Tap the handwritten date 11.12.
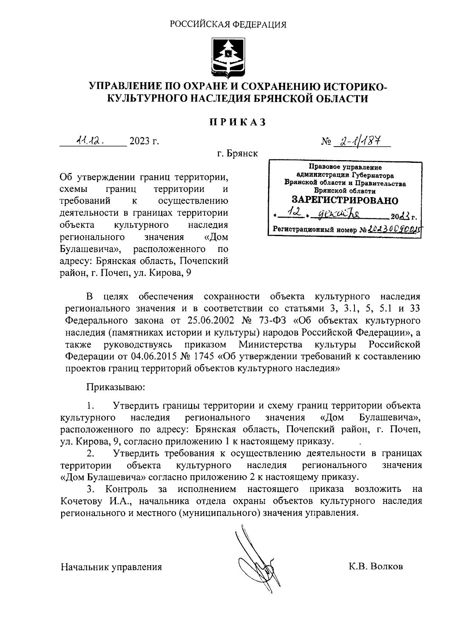click(90, 141)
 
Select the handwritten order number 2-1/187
click(357, 141)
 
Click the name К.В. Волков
click(376, 567)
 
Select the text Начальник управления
click(111, 567)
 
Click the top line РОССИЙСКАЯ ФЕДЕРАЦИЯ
click(228, 25)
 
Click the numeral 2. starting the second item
click(90, 453)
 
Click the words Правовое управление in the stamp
click(345, 167)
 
